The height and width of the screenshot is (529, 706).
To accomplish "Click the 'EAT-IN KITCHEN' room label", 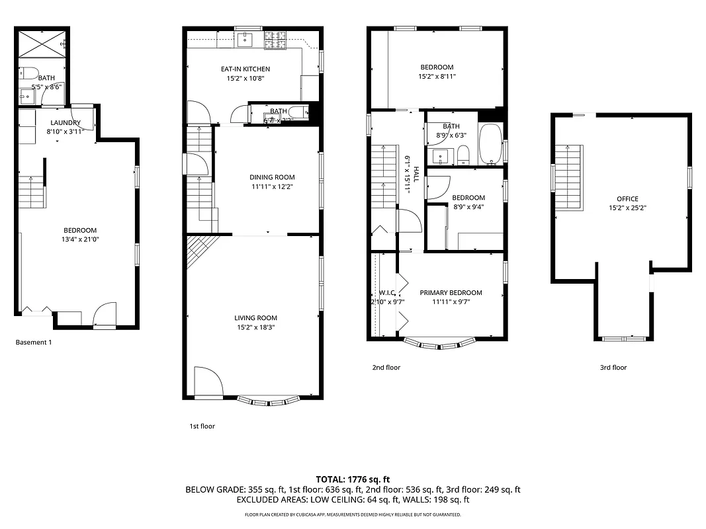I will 245,69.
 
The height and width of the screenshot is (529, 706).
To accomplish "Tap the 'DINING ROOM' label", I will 272,177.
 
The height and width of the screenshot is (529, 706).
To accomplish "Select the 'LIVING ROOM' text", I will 255,318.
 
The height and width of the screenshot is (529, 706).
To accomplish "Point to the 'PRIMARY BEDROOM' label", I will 451,292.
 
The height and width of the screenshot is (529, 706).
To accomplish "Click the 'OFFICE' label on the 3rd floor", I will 627,199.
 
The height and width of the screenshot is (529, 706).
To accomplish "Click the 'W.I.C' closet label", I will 386,293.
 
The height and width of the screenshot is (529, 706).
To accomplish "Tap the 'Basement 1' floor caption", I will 33,343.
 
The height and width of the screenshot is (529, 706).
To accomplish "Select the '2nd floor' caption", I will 386,368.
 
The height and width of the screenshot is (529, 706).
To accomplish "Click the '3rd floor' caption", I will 613,368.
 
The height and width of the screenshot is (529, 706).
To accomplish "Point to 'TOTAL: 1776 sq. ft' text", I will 353,479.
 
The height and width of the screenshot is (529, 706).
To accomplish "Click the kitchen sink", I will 246,40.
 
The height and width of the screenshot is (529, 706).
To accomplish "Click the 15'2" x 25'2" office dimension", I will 627,208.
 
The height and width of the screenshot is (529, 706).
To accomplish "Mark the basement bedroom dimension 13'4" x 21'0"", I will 80,239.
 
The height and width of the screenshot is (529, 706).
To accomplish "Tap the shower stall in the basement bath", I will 42,44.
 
